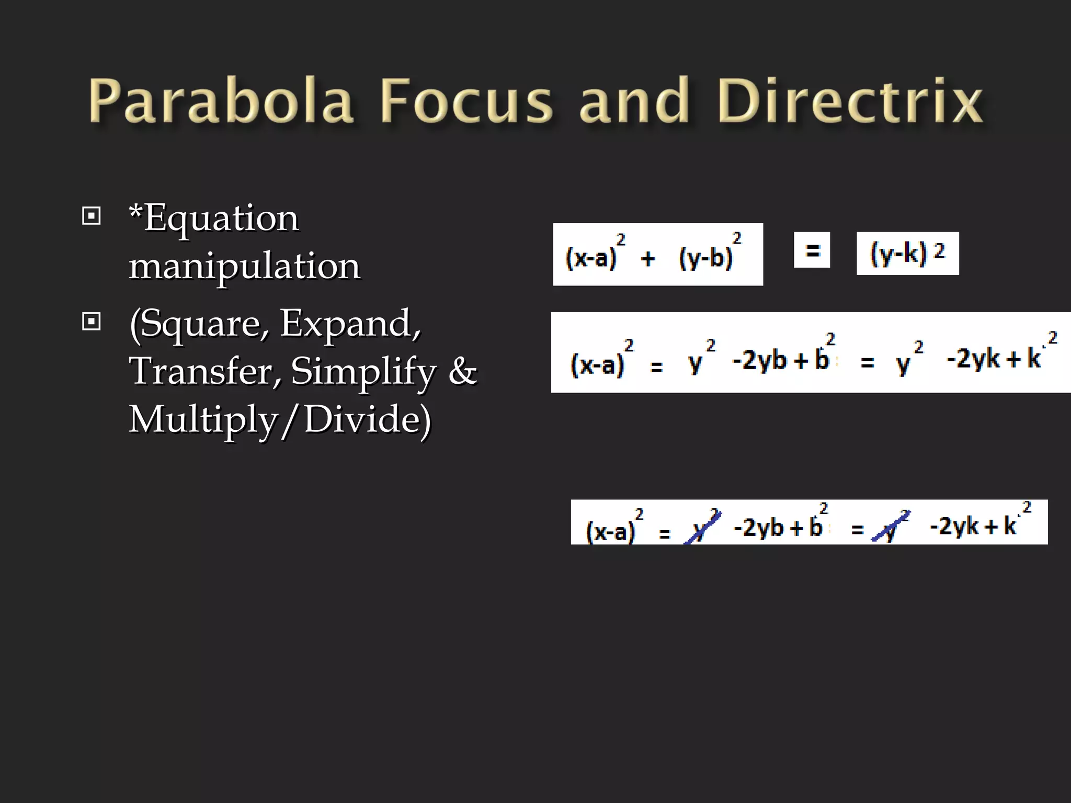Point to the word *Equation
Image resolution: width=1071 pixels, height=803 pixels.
coord(214,218)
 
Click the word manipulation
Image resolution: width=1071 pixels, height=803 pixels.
coord(244,266)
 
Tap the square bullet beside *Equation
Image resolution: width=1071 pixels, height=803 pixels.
coord(92,215)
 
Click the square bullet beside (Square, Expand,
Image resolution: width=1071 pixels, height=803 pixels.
coord(92,321)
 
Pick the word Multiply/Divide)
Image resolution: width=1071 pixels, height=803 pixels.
coord(280,419)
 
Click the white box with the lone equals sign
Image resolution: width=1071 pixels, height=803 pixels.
coord(812,250)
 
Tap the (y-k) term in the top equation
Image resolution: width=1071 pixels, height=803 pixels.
coord(898,254)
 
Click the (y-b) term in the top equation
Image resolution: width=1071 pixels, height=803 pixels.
coord(706,258)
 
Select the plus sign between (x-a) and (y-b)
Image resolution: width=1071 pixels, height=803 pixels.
coord(648,258)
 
